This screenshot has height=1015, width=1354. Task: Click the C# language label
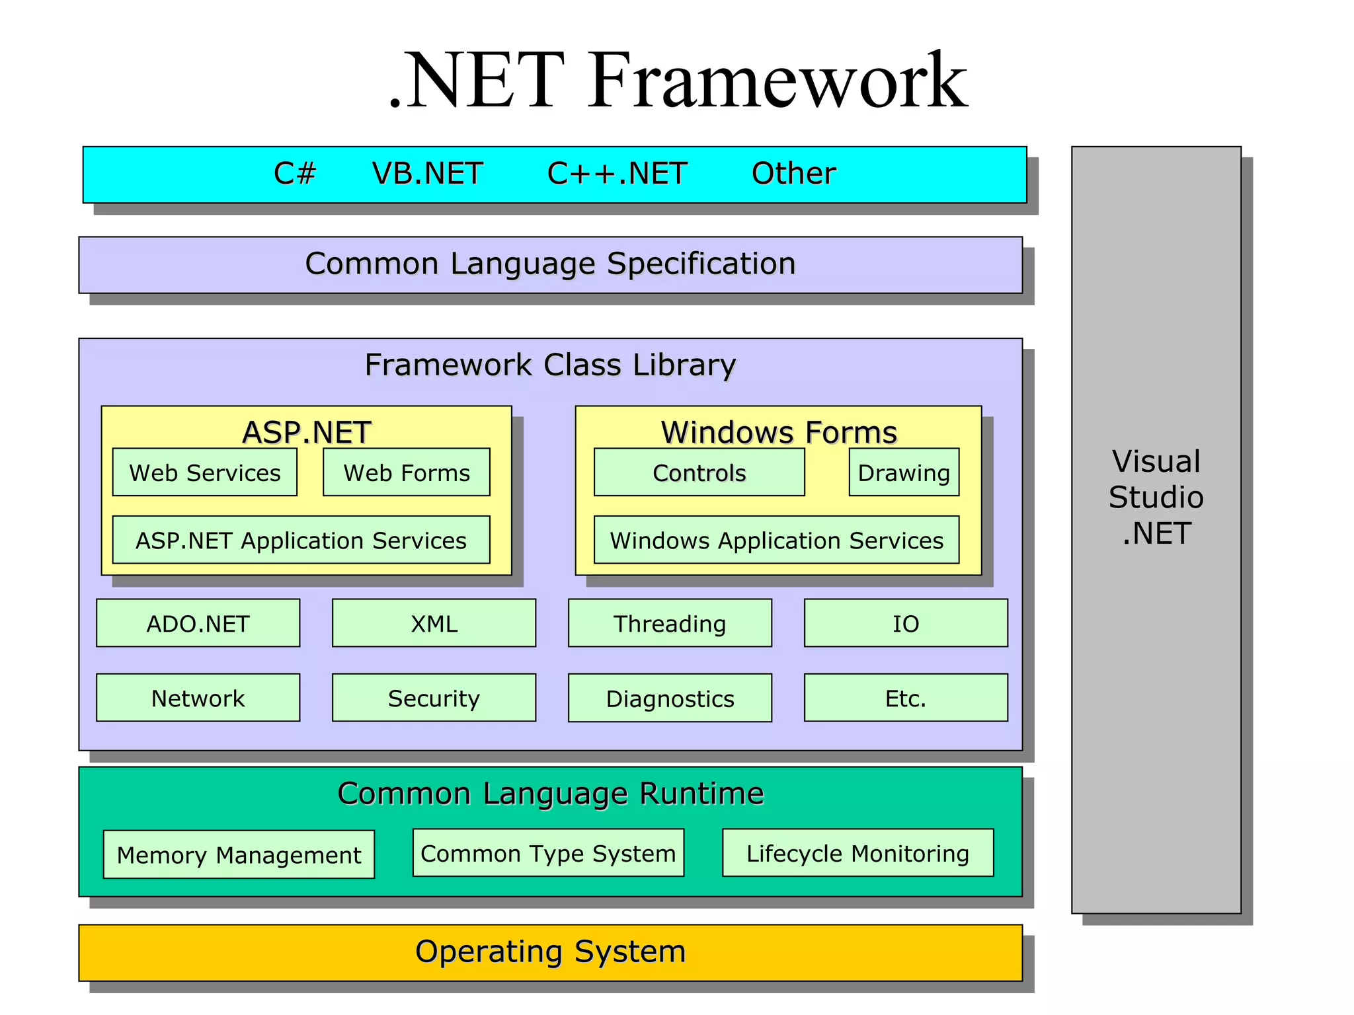(x=295, y=174)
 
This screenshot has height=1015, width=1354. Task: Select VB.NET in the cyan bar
(x=427, y=174)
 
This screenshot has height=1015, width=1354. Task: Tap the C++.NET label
(x=617, y=174)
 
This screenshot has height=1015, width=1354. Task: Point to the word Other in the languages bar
(x=793, y=174)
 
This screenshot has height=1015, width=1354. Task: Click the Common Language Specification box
(x=550, y=264)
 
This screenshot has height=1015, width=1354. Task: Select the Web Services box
(x=205, y=472)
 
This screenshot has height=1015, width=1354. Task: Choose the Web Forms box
(x=407, y=472)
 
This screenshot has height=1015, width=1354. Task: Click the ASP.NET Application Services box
(x=301, y=540)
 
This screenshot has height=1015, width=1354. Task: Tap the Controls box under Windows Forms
(x=699, y=472)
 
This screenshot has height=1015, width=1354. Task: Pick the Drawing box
(x=904, y=472)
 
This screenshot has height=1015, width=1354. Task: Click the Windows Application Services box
(x=776, y=540)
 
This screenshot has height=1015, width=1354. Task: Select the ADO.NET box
(x=198, y=623)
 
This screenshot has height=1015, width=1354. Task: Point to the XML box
(x=434, y=623)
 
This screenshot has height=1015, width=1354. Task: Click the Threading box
(x=670, y=623)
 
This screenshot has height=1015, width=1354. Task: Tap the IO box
(x=906, y=623)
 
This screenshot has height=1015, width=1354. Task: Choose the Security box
(x=434, y=698)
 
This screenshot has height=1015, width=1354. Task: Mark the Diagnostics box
(x=670, y=698)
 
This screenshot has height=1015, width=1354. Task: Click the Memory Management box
(x=239, y=854)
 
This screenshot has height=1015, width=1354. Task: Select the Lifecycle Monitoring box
(x=857, y=853)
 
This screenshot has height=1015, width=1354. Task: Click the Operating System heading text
(x=550, y=952)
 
